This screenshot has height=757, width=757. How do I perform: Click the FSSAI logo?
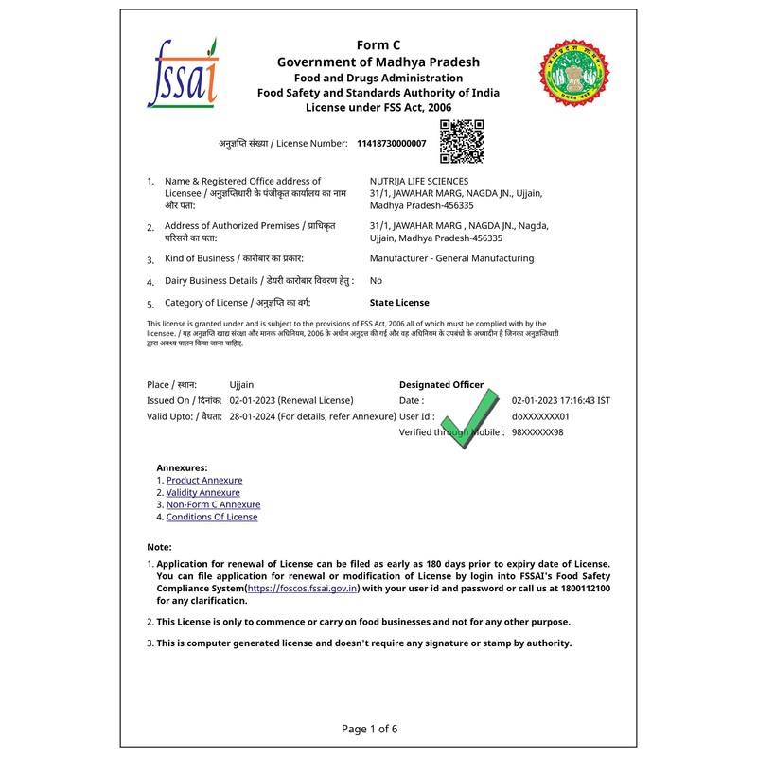pos(183,73)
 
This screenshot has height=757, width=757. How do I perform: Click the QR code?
pos(462,141)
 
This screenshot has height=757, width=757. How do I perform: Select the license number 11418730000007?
pos(392,144)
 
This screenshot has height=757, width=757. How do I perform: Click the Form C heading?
pos(378,44)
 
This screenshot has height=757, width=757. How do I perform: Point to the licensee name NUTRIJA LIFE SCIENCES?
pos(418,181)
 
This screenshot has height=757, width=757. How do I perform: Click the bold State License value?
pos(399,303)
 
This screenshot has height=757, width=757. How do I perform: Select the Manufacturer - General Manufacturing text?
pos(451,258)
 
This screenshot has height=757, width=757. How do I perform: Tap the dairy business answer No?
pos(376,281)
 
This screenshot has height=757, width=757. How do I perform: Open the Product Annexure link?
pos(204,481)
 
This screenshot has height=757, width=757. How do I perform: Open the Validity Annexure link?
pos(203,493)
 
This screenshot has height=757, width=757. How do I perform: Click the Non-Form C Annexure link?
pos(213,505)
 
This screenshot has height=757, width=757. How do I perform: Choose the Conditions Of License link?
pos(212,518)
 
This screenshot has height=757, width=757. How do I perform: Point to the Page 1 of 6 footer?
pos(369,729)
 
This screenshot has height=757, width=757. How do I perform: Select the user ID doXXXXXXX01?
pos(540,416)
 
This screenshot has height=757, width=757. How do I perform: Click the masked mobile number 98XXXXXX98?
pos(537,432)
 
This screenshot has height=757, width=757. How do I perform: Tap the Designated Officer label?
pos(441,385)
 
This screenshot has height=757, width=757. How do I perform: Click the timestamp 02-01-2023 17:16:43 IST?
pos(560,401)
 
